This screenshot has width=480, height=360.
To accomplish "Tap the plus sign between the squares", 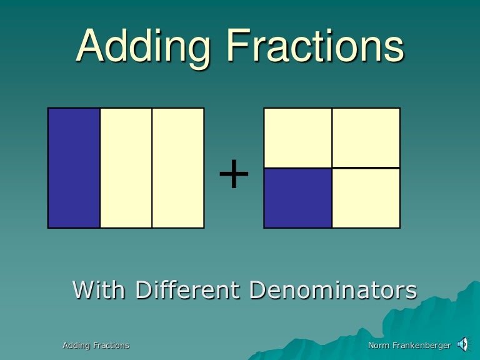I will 234,174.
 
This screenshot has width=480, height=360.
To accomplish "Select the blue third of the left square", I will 74,167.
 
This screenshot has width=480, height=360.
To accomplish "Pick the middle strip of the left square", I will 126,167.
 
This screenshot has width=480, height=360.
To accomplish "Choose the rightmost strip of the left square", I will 178,167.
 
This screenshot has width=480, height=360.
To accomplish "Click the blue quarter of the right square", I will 297,197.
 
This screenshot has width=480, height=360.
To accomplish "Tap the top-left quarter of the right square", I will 297,137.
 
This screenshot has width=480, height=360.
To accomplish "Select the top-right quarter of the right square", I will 366,137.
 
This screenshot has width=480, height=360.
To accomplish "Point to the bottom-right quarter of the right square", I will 366,197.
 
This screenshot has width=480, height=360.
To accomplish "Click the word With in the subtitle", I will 100,290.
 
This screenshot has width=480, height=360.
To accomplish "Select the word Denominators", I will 332,290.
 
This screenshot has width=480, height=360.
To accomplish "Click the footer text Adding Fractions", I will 96,345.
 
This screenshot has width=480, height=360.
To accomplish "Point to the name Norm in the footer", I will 379,345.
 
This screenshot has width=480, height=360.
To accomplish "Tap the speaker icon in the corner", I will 463,343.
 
